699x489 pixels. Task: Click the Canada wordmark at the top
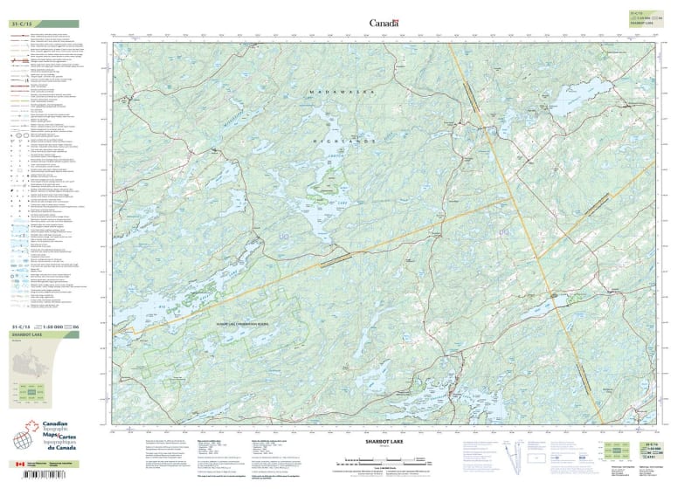click(x=384, y=23)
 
